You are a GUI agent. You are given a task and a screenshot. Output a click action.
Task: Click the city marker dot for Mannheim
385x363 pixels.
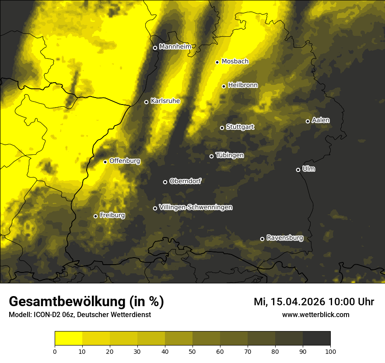click(x=155, y=48)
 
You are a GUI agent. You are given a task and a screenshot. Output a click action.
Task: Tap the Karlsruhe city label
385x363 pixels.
click(x=165, y=101)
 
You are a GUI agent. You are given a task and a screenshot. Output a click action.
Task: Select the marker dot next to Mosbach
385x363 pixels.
click(x=217, y=62)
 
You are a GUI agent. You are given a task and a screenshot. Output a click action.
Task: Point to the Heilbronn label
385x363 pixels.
click(x=243, y=85)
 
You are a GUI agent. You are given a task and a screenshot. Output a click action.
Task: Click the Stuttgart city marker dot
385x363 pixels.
click(x=222, y=128)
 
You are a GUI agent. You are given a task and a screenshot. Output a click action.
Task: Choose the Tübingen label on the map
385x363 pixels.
click(x=230, y=155)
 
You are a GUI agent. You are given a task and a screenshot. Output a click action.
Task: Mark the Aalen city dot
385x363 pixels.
click(x=308, y=121)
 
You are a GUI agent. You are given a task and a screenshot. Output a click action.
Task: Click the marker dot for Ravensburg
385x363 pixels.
click(x=262, y=239)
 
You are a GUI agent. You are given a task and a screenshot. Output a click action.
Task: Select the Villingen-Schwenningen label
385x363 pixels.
click(x=196, y=207)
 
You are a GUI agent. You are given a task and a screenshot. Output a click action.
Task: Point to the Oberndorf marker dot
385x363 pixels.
click(x=165, y=182)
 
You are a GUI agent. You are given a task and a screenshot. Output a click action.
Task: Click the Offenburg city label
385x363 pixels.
click(x=125, y=161)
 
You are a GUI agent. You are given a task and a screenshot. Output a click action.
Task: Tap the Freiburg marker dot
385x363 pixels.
click(x=95, y=216)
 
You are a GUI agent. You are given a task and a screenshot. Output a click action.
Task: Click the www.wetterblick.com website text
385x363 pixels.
click(x=315, y=314)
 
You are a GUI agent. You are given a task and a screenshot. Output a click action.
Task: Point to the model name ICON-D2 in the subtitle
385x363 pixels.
click(x=45, y=314)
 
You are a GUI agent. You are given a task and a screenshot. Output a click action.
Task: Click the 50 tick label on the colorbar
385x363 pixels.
click(x=192, y=351)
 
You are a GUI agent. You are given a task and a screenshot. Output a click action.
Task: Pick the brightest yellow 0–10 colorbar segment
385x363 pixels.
click(x=68, y=338)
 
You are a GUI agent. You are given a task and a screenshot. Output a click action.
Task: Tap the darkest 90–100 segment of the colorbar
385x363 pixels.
click(x=316, y=338)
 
